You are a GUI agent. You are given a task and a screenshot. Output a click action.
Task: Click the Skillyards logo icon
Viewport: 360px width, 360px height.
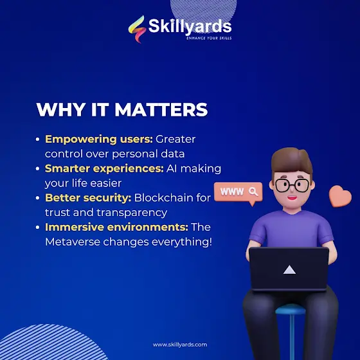pos(137,29)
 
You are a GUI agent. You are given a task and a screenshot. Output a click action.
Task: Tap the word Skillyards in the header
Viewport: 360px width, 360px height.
pos(190,26)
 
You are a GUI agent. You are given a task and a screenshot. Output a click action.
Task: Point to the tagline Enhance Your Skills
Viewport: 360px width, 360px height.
pos(209,38)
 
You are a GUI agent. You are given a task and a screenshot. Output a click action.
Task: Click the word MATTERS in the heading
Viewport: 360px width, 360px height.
pos(161,109)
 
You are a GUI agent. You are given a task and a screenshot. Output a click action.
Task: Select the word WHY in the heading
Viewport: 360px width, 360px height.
pos(60,109)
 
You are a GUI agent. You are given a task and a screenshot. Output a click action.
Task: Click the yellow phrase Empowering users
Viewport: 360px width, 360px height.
pos(99,139)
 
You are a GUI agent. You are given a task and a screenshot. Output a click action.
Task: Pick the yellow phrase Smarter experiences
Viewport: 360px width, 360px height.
pos(104,168)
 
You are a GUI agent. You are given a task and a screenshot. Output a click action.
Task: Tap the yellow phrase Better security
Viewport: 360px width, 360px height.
pos(88,198)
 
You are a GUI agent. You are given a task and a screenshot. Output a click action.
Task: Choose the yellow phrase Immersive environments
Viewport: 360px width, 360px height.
pos(116,228)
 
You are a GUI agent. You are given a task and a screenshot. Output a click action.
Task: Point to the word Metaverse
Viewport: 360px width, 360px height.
pos(73,242)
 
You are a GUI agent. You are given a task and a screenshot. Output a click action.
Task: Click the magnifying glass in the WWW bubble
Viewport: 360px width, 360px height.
pos(253,192)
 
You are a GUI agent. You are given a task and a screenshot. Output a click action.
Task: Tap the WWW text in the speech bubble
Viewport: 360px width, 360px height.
pos(232,192)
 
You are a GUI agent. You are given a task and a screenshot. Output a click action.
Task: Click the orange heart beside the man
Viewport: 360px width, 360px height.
pos(340,196)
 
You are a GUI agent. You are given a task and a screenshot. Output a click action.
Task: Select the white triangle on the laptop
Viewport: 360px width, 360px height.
pos(289,270)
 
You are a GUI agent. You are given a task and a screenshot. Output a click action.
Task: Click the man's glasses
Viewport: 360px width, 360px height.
pos(292,185)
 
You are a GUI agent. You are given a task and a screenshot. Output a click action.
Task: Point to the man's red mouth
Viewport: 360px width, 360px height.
pos(292,198)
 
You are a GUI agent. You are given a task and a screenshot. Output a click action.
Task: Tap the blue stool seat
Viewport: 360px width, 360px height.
pos(291,309)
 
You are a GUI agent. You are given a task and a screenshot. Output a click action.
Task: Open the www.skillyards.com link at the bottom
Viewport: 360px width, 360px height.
pos(180,345)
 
